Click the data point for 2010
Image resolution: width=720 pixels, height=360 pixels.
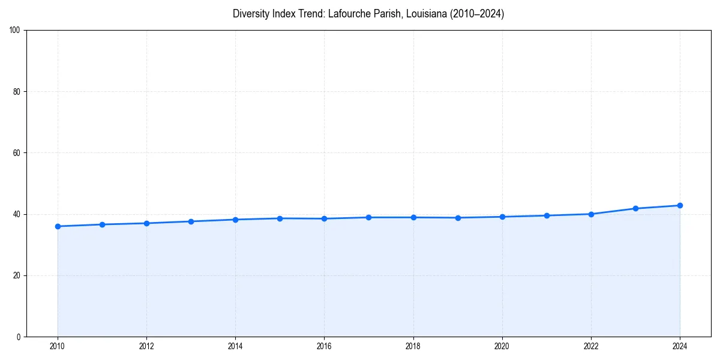coord(58,226)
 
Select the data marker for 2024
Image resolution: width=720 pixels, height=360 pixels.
coord(680,205)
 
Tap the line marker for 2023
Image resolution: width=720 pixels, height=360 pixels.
coord(635,208)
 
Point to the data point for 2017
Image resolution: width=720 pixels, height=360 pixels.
coord(368,217)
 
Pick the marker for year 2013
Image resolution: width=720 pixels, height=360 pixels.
coord(191,221)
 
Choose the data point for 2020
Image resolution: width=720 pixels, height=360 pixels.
coord(502,217)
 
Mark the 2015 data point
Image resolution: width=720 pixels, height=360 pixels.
coord(280,218)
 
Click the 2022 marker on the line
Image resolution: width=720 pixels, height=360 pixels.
coord(591,214)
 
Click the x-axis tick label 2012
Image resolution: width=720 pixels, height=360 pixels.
coord(146,346)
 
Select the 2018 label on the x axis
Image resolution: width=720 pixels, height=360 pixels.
coord(413,346)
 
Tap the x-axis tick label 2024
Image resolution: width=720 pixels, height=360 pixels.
coord(680,346)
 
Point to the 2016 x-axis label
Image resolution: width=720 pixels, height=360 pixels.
coord(324,346)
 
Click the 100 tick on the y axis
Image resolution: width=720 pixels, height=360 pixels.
coord(16,31)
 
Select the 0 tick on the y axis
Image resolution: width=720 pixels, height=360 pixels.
coord(19,337)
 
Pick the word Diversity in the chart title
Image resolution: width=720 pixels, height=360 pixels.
coord(250,14)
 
